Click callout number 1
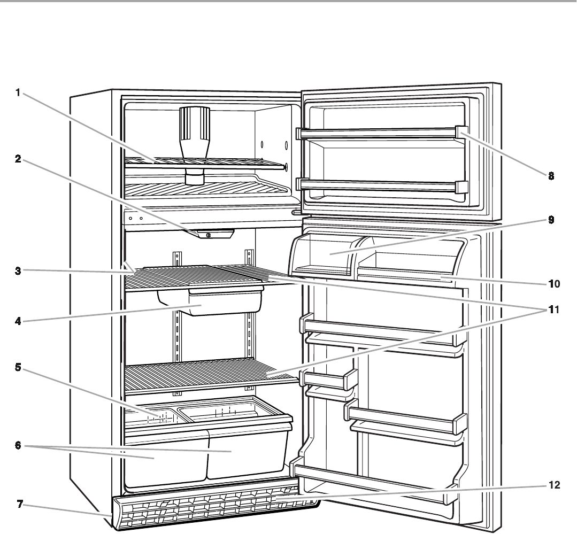pos(18,92)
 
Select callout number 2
pos(18,160)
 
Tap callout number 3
pos(18,270)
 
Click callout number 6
pos(18,444)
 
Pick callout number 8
pos(550,175)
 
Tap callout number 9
pos(550,220)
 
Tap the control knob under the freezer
pos(209,235)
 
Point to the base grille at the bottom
pos(214,510)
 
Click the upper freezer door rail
pos(380,131)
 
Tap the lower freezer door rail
pos(380,185)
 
